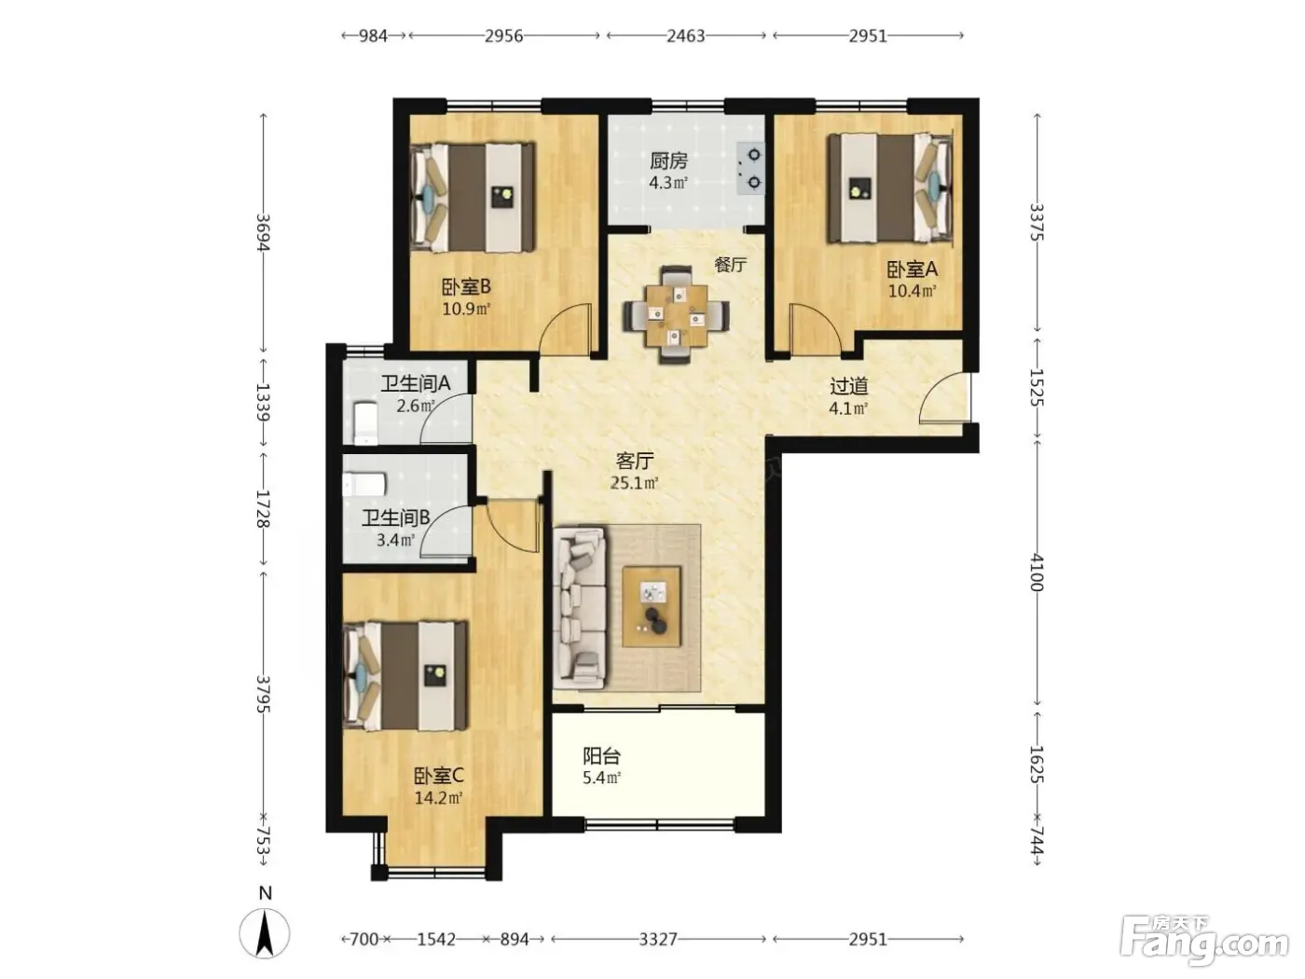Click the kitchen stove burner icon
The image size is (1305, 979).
tap(750, 168)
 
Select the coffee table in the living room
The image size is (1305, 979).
tap(651, 606)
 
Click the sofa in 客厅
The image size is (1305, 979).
tap(580, 608)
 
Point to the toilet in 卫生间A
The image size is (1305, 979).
tap(365, 422)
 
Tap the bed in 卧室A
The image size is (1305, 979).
tap(890, 187)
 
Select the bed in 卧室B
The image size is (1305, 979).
tap(473, 197)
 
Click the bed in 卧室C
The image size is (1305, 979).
tap(405, 676)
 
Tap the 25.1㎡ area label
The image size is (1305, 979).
tap(634, 483)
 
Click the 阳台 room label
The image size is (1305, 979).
tap(601, 756)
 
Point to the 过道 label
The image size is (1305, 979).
tap(848, 386)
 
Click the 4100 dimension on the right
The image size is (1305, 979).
tap(1037, 572)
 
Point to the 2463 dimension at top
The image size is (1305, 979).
tap(685, 35)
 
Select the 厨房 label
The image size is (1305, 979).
tap(668, 160)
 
